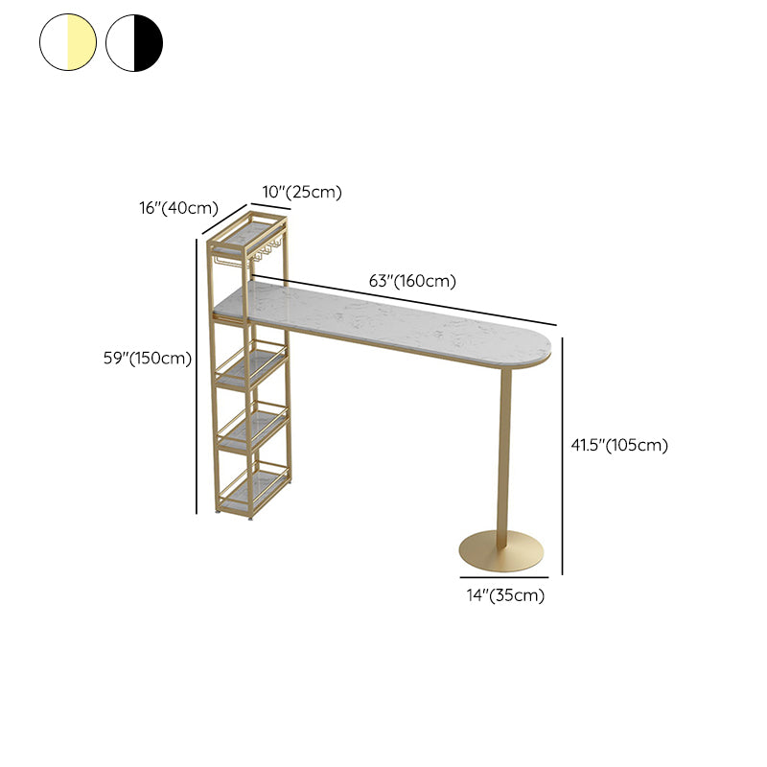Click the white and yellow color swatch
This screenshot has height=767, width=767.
point(68,42)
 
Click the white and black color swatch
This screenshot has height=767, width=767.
point(134,42)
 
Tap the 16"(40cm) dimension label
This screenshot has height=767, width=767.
point(178,208)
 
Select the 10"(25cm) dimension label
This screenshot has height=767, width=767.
point(302,192)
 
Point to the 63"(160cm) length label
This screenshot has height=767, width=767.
point(412,281)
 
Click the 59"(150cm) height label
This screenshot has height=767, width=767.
point(148,358)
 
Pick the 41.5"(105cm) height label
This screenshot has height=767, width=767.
point(619,445)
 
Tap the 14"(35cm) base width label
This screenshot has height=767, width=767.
point(505,595)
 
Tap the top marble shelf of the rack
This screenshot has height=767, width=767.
point(249,233)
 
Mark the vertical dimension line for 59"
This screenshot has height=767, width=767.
point(197,376)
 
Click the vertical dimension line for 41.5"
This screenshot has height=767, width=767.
point(563,456)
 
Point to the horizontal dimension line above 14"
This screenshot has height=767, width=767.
point(504,578)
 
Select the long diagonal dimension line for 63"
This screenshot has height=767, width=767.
point(405,300)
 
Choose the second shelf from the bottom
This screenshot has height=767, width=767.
point(253,426)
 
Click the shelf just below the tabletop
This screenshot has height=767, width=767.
point(251,366)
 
